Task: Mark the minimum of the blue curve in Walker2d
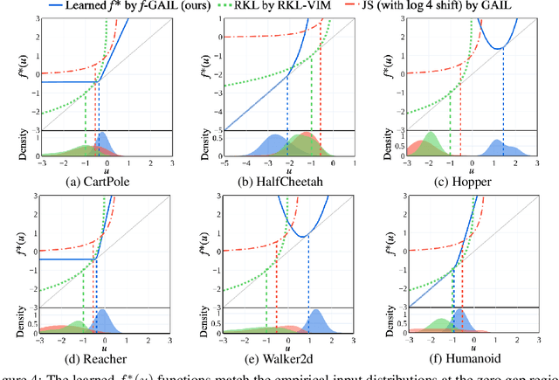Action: (x=307, y=237)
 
